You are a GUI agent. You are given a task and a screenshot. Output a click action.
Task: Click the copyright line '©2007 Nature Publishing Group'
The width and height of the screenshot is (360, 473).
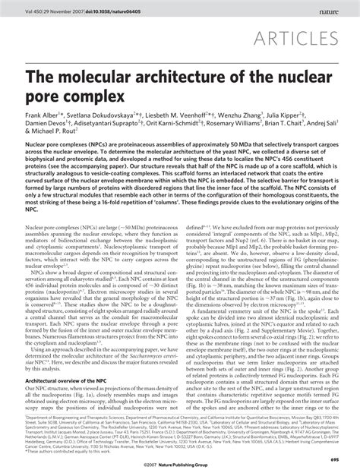(x=179, y=461)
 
